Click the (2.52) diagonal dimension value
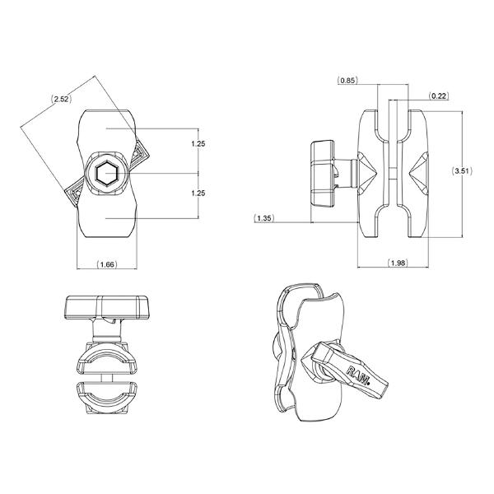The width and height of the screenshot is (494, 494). (x=60, y=99)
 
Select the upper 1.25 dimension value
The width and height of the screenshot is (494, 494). (x=197, y=143)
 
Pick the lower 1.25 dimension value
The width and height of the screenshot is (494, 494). (x=197, y=193)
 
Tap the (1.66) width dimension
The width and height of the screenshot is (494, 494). (x=106, y=264)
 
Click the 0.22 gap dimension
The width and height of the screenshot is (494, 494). (x=439, y=96)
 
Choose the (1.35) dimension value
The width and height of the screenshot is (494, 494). (x=264, y=218)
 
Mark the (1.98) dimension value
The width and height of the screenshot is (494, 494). (x=399, y=263)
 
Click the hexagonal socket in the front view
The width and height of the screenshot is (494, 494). (x=106, y=174)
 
